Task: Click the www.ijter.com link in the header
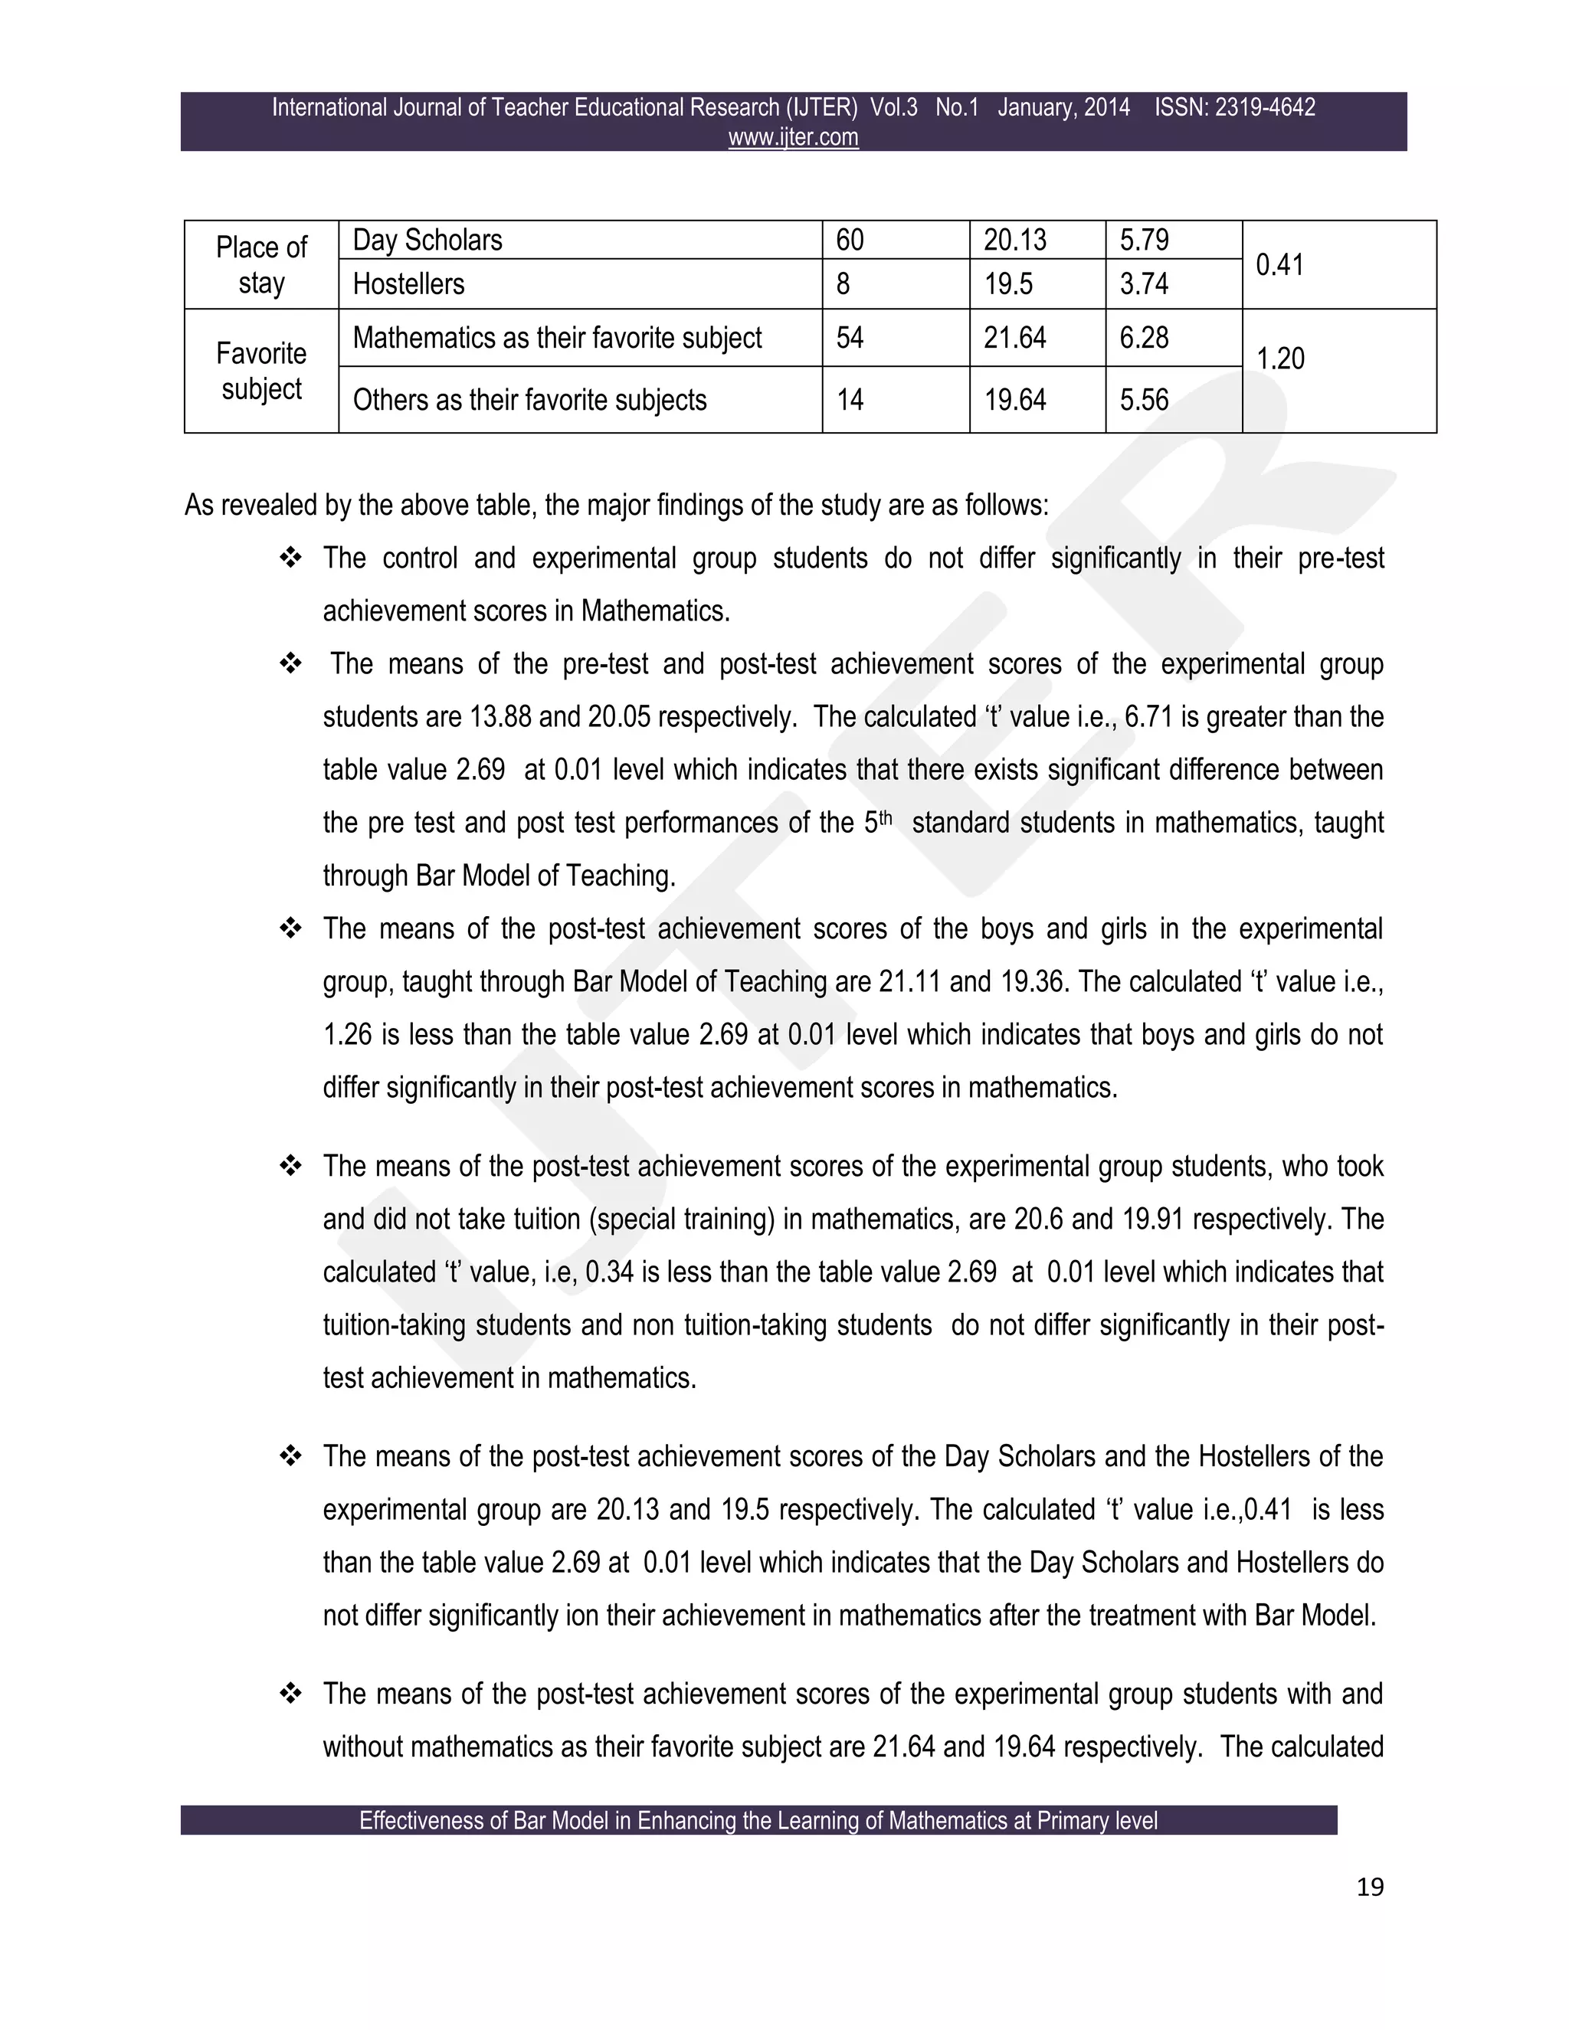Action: [793, 138]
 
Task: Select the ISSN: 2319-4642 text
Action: [1234, 108]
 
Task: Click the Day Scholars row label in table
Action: [427, 240]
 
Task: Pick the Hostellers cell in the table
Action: [408, 283]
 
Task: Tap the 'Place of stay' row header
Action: [261, 265]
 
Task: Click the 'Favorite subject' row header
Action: [261, 371]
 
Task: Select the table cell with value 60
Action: [850, 240]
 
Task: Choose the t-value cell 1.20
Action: [1280, 359]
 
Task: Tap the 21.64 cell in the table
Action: [1015, 337]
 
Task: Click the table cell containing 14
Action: [850, 400]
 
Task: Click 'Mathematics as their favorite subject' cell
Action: [557, 337]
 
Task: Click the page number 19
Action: [1370, 1887]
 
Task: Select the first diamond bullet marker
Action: [290, 558]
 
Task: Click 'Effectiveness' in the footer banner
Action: [407, 1821]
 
